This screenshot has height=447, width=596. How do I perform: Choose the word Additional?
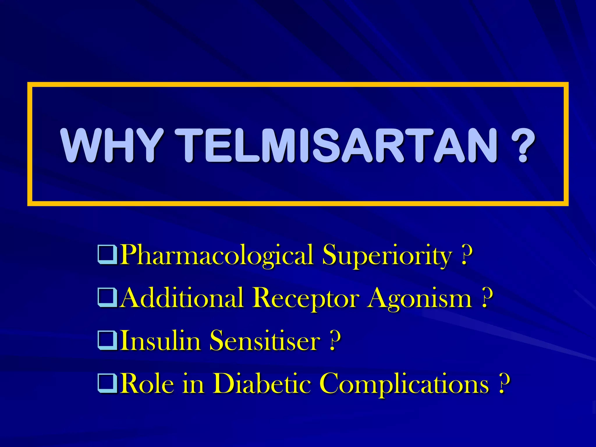pyautogui.click(x=182, y=298)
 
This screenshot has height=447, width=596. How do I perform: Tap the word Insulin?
pyautogui.click(x=160, y=340)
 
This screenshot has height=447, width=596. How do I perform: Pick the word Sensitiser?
pyautogui.click(x=265, y=340)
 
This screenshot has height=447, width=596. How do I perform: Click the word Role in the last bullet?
pyautogui.click(x=148, y=384)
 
